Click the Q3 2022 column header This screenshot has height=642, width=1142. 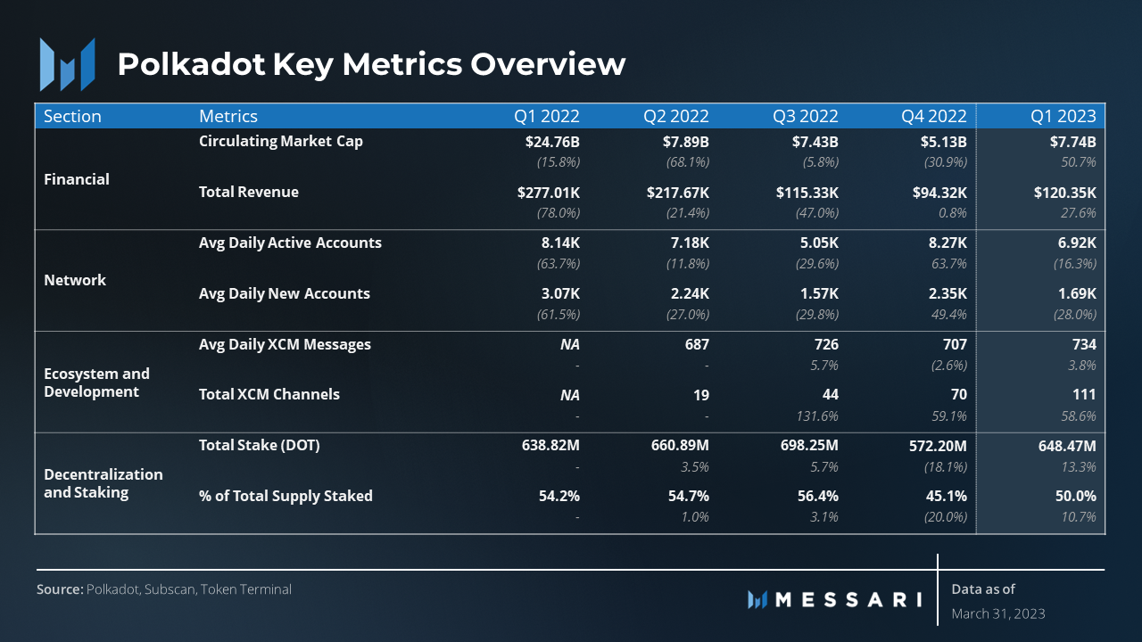[x=805, y=116]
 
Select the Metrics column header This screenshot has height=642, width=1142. [x=228, y=116]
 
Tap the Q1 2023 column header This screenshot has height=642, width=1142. [x=1063, y=116]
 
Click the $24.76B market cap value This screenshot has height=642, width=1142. [x=552, y=142]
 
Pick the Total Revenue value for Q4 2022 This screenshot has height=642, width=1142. [x=939, y=193]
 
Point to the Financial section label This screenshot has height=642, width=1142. [x=77, y=179]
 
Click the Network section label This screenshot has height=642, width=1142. [x=75, y=280]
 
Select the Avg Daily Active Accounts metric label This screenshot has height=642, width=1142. [x=290, y=243]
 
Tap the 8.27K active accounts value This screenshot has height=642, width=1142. [x=948, y=243]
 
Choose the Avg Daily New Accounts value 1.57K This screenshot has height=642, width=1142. [x=819, y=293]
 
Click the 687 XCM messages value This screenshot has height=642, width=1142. [x=697, y=344]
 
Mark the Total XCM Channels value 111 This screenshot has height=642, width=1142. [x=1084, y=394]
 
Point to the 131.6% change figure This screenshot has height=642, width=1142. [x=817, y=416]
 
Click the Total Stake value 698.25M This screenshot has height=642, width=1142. [x=809, y=445]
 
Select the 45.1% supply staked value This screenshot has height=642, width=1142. [x=947, y=496]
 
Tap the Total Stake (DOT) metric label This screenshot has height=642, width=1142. [x=259, y=445]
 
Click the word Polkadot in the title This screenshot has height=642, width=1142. [x=191, y=64]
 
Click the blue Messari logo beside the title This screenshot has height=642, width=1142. [x=67, y=65]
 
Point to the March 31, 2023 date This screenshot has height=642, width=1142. [x=998, y=613]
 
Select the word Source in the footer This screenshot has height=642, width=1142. [x=60, y=589]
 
